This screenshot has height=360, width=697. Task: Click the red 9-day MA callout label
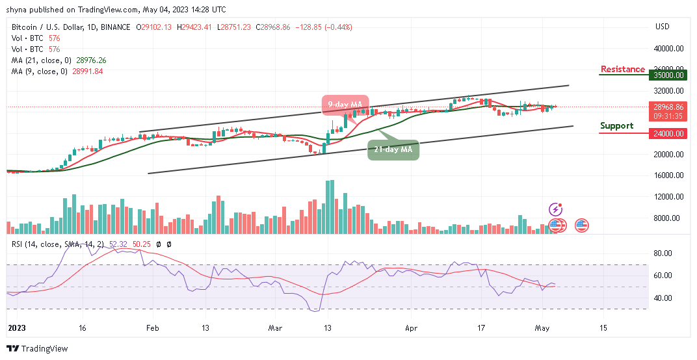345,105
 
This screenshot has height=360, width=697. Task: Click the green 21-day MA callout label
394,150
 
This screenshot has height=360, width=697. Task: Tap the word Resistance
622,70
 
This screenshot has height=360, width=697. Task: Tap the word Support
616,125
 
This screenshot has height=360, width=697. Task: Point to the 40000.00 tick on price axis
668,48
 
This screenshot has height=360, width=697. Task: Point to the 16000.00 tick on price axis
668,175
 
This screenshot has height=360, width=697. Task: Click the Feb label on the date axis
151,329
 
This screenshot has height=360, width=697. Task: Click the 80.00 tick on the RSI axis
663,253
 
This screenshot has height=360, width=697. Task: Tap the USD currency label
663,27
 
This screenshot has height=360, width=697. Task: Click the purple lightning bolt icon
556,209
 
